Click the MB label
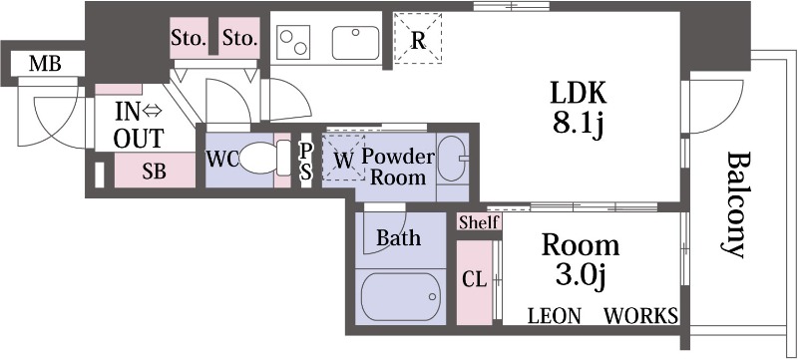(x=45, y=64)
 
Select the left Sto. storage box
(x=189, y=38)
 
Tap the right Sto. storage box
(x=239, y=38)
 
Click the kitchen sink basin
(x=356, y=43)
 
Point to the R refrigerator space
(x=418, y=39)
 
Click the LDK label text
(x=578, y=94)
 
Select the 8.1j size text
(x=579, y=124)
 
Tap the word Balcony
(x=736, y=204)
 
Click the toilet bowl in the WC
(x=258, y=159)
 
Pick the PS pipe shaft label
(x=305, y=160)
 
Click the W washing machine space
(x=344, y=158)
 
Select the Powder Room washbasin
(x=453, y=159)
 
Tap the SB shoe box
(x=155, y=171)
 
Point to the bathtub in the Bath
(x=400, y=296)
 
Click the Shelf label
(x=479, y=222)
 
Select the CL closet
(x=475, y=282)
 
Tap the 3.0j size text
(x=580, y=277)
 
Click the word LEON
(x=555, y=316)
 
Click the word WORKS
(x=640, y=316)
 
